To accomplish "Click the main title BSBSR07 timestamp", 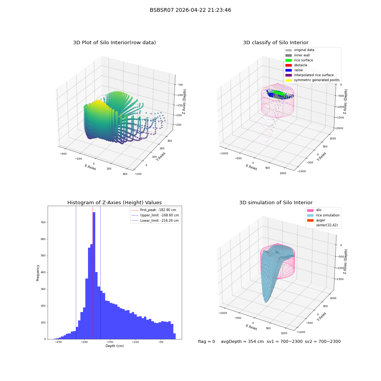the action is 190,10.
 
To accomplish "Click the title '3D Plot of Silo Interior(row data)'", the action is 114,43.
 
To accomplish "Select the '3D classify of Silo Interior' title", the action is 276,43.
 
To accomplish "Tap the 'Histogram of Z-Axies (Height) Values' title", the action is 114,202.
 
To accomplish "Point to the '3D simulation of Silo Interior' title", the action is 276,202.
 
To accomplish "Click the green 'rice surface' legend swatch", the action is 288,60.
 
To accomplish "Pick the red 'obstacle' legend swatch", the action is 288,65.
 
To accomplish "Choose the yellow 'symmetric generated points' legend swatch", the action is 288,80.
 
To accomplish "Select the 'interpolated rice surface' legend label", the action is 314,75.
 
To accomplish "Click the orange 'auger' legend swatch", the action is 310,220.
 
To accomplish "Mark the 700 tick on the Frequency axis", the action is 43,223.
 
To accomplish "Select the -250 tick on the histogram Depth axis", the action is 59,342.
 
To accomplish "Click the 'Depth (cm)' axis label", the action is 114,346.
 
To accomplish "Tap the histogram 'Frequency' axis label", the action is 38,273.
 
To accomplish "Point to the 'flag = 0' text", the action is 207,342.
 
